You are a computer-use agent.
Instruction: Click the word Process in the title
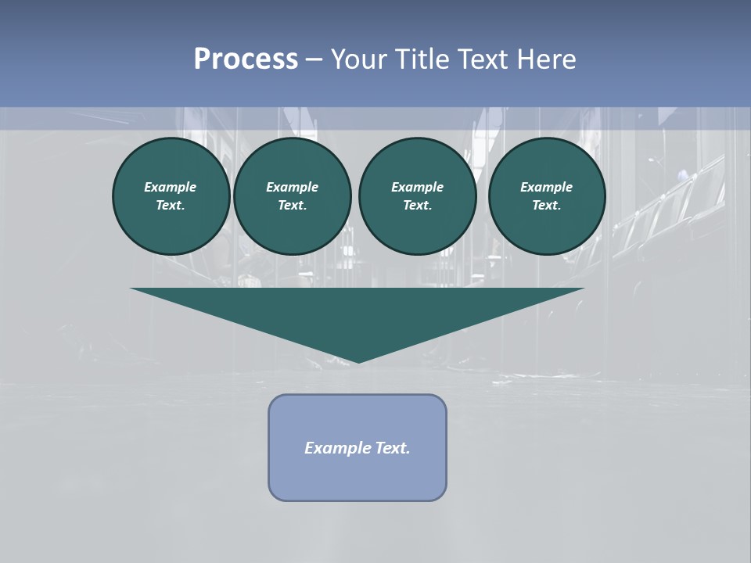click(246, 59)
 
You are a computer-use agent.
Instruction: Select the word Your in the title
click(359, 59)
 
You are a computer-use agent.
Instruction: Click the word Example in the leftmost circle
click(171, 187)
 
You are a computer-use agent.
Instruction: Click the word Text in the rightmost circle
click(545, 206)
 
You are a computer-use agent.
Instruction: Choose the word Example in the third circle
click(417, 187)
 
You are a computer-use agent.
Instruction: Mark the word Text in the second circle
click(291, 206)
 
